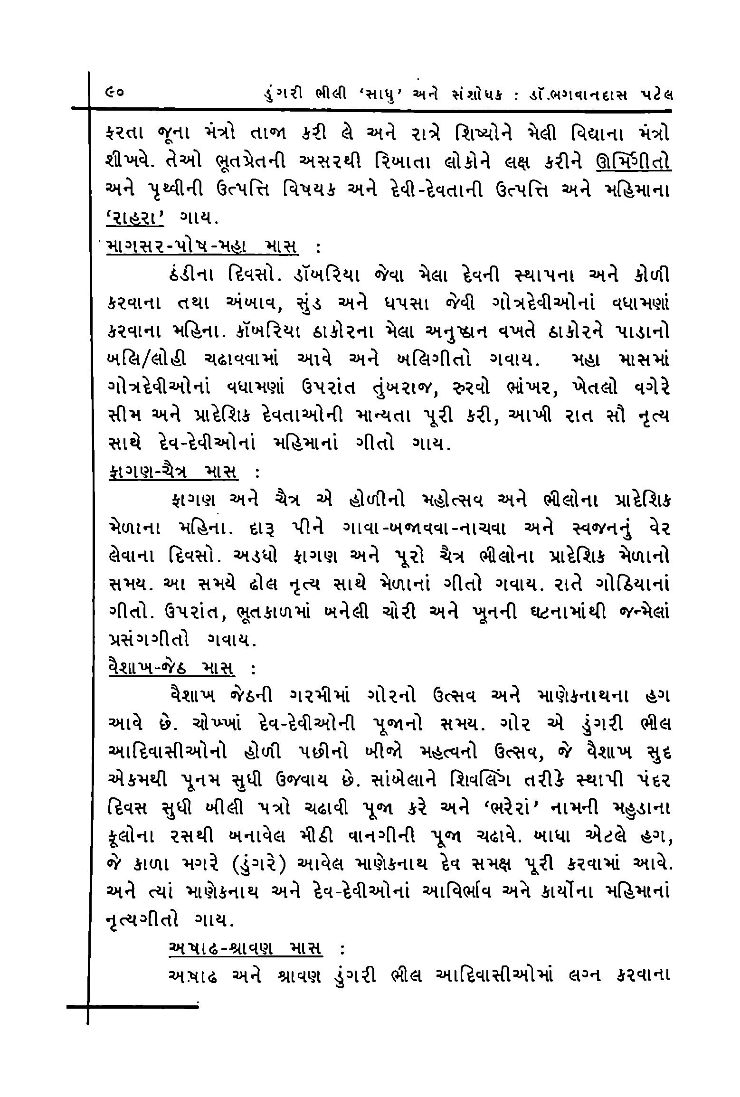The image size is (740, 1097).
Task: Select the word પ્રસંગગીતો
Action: click(x=149, y=641)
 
